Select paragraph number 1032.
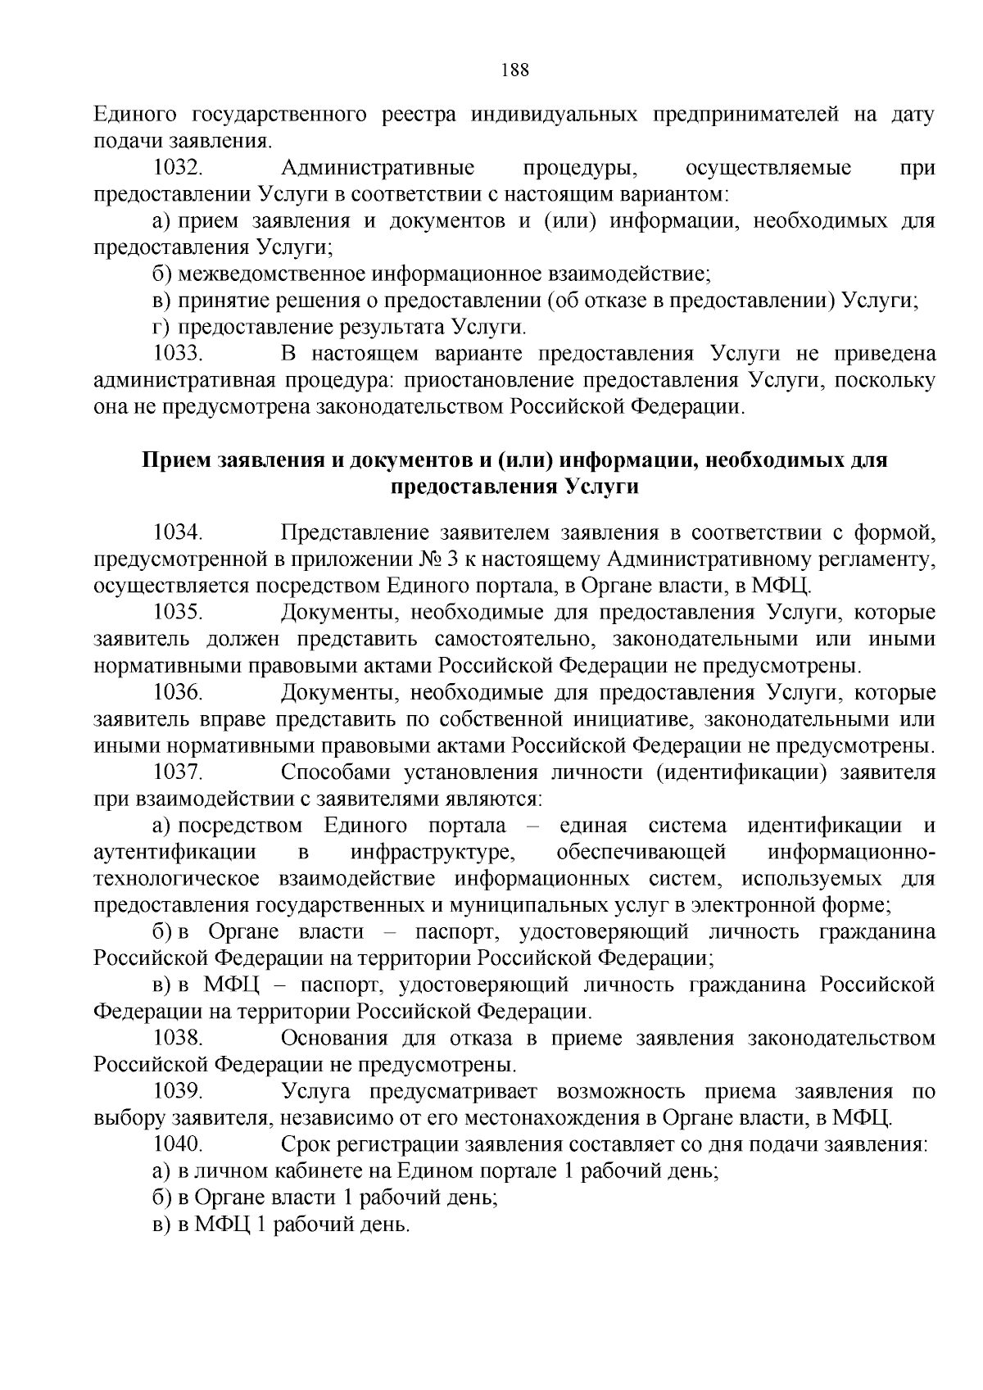coord(178,169)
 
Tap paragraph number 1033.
coord(178,354)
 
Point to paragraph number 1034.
coord(178,533)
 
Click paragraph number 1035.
coord(178,613)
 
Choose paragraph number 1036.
coord(178,692)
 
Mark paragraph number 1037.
coord(178,772)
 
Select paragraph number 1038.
coord(178,1039)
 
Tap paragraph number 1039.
coord(178,1092)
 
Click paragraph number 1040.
coord(178,1144)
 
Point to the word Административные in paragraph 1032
coord(378,169)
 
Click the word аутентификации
coord(175,852)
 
